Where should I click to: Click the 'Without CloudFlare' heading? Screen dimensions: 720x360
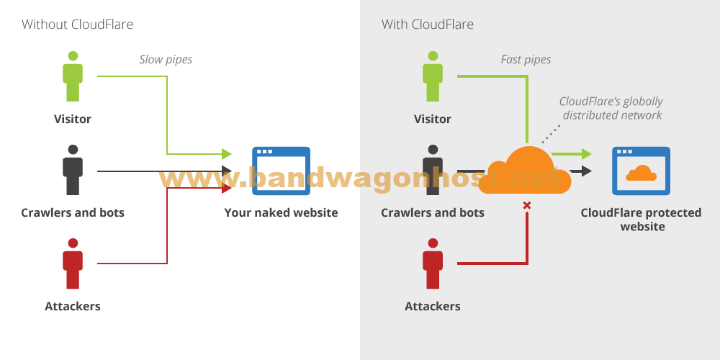click(77, 24)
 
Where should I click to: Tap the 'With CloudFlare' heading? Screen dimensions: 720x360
click(428, 24)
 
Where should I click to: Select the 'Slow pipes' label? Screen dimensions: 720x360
click(166, 60)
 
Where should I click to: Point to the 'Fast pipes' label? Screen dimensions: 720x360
click(526, 60)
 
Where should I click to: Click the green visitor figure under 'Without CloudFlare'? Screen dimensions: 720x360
click(73, 76)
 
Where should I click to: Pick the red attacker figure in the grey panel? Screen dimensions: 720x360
click(433, 264)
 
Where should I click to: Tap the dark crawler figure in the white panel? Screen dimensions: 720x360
click(73, 170)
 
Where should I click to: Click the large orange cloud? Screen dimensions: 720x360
click(525, 171)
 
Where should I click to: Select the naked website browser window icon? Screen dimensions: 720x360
click(281, 171)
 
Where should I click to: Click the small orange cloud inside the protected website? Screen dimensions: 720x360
click(641, 173)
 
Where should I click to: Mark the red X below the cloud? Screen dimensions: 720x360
click(527, 205)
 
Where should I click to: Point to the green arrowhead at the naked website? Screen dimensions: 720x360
click(227, 154)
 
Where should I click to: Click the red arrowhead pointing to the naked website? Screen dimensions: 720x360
click(227, 187)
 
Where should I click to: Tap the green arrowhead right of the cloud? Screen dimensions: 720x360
click(587, 154)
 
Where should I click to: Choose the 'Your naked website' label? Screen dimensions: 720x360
click(281, 212)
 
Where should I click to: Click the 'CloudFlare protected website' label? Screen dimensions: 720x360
click(641, 220)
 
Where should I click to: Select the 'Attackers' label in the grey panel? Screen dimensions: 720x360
click(433, 306)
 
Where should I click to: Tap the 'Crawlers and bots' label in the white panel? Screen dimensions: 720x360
click(73, 212)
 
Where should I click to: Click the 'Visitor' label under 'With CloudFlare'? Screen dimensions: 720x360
click(433, 119)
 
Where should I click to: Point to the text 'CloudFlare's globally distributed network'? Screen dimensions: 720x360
click(611, 109)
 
